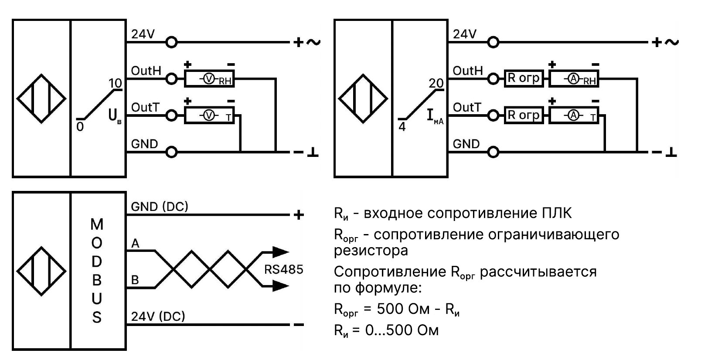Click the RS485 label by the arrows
283,269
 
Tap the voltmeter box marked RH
209,79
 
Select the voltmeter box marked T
209,115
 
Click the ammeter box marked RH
574,79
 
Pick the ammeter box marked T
574,115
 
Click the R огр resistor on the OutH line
524,78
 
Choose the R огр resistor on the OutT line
524,115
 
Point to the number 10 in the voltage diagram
115,83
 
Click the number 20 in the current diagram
436,83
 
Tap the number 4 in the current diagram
402,127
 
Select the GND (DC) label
160,207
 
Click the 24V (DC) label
158,316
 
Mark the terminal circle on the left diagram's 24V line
172,42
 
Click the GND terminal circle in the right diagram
494,152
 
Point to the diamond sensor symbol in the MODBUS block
41,271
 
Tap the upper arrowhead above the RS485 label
280,251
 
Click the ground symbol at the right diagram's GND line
672,152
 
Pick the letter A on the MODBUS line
136,243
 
